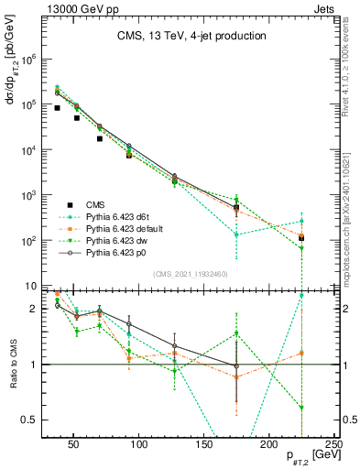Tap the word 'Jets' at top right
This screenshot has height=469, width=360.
coord(325,7)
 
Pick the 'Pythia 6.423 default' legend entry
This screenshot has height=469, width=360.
coord(126,230)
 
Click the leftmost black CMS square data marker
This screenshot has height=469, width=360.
coord(57,108)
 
